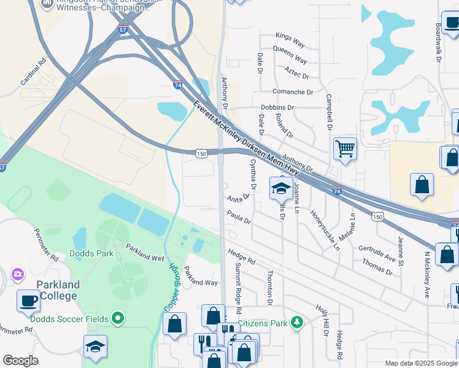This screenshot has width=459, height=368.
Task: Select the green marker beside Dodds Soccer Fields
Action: pyautogui.click(x=118, y=318)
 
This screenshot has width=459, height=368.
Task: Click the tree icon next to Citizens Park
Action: pyautogui.click(x=297, y=322)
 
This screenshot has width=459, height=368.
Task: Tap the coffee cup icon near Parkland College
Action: pyautogui.click(x=29, y=301)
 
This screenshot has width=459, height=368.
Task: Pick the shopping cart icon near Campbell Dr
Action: pyautogui.click(x=345, y=148)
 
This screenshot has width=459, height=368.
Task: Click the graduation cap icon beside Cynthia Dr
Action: pyautogui.click(x=281, y=188)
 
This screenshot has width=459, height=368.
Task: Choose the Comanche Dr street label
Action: pyautogui.click(x=292, y=92)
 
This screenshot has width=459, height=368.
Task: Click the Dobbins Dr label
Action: pyautogui.click(x=277, y=107)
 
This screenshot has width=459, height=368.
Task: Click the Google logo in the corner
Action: pyautogui.click(x=20, y=361)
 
